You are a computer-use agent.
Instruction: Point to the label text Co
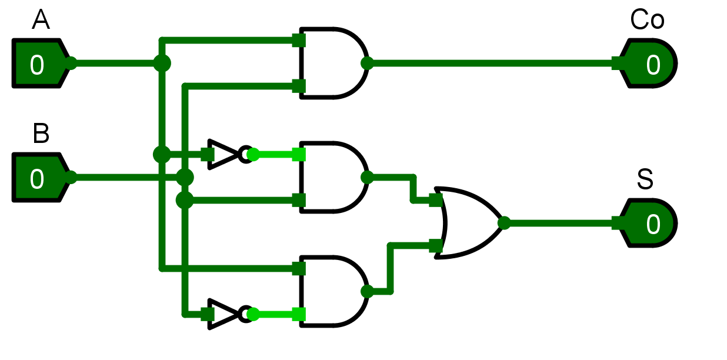pos(647,21)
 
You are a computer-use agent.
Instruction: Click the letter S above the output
pos(645,180)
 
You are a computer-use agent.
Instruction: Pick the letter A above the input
pos(41,21)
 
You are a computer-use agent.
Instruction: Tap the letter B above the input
pos(41,134)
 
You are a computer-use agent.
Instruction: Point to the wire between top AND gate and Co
pos(488,64)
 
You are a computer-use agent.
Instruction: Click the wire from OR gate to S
pos(559,223)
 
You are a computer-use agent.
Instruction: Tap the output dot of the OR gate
pos(503,223)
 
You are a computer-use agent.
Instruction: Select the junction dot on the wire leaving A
pos(162,63)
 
